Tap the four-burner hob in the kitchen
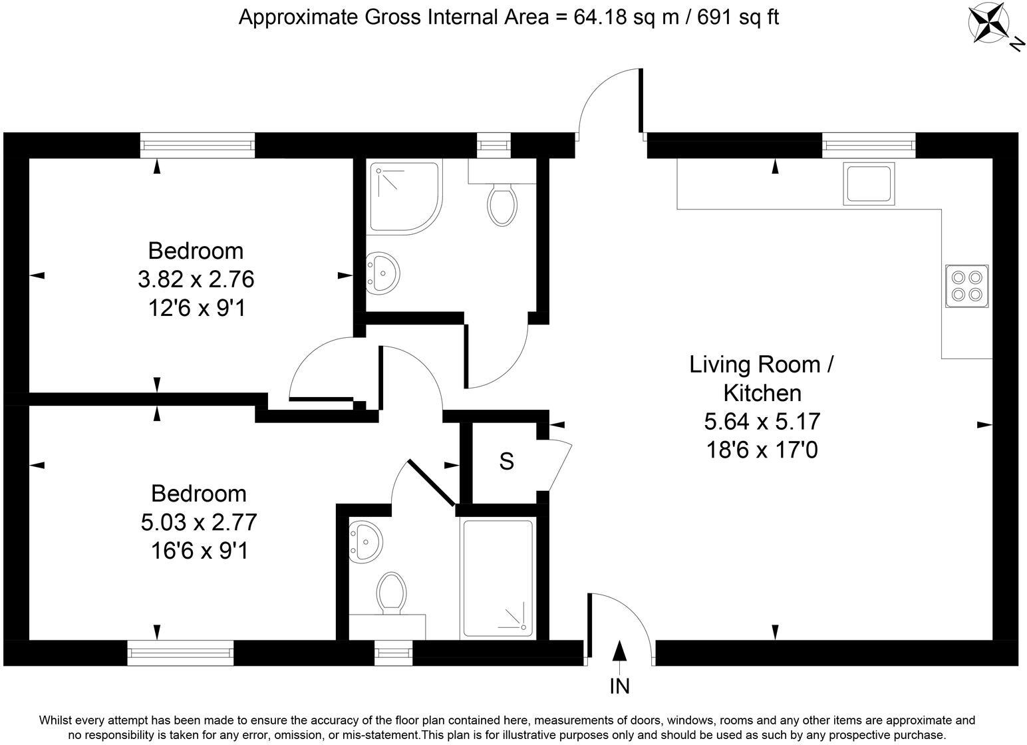click(966, 286)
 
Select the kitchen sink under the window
click(869, 184)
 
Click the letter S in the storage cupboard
click(506, 462)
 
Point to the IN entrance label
click(619, 686)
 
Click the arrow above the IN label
click(619, 657)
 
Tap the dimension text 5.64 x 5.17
click(762, 422)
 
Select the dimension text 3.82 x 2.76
click(196, 279)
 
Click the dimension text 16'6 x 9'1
click(200, 551)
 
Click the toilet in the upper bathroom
click(502, 205)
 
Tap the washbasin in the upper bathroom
click(383, 273)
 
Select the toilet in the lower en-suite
click(392, 593)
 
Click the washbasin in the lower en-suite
click(365, 541)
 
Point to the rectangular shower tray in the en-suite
click(498, 579)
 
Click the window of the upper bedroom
click(197, 146)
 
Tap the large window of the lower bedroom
click(180, 653)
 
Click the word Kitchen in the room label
click(762, 393)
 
